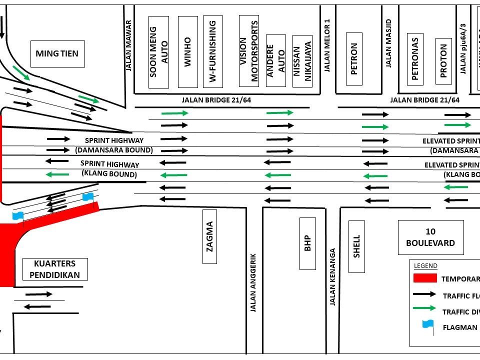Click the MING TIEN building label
pyautogui.click(x=57, y=53)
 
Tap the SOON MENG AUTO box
pyautogui.click(x=159, y=51)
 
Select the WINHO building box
pyautogui.click(x=187, y=51)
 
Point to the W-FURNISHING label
pyautogui.click(x=212, y=51)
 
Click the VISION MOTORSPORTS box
pyautogui.click(x=249, y=51)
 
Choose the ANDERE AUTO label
pyautogui.click(x=276, y=60)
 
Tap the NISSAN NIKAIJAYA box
pyautogui.click(x=302, y=61)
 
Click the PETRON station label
pyautogui.click(x=354, y=59)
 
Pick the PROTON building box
pyautogui.click(x=443, y=61)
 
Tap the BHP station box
pyautogui.click(x=307, y=243)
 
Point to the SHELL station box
pyautogui.click(x=356, y=246)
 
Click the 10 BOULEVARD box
pyautogui.click(x=430, y=237)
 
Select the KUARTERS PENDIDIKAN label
pyautogui.click(x=55, y=269)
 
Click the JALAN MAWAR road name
pyautogui.click(x=128, y=45)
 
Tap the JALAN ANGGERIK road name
pyautogui.click(x=253, y=281)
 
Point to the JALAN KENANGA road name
pyautogui.click(x=332, y=277)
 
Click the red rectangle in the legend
pyautogui.click(x=425, y=279)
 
